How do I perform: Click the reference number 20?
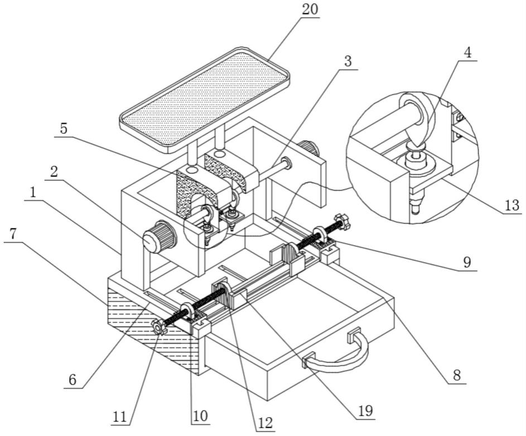310,9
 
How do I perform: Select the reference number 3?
348,62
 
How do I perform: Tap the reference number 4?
467,53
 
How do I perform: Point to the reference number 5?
64,129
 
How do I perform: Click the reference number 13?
512,205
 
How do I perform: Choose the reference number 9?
467,262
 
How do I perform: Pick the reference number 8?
457,376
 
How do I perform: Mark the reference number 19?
366,410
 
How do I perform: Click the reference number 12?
266,423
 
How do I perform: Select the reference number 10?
201,416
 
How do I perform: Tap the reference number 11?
120,417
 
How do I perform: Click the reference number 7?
12,234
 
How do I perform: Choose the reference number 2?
54,172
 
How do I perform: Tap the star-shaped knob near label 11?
159,326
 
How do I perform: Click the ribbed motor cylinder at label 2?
160,237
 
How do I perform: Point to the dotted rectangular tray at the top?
205,99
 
